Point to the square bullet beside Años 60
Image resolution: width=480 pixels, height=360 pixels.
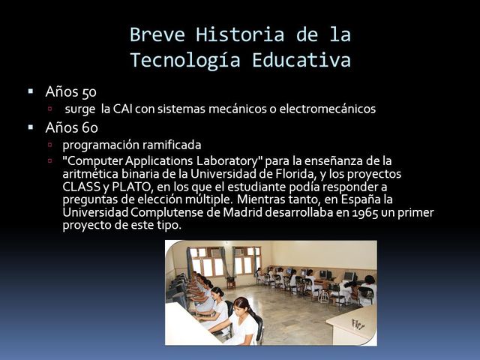(x=31, y=127)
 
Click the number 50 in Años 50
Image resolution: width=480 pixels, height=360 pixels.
(x=88, y=93)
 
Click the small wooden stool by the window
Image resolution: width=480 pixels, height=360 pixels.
(x=230, y=282)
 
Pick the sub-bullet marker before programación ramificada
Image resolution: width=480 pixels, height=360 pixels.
(x=50, y=144)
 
